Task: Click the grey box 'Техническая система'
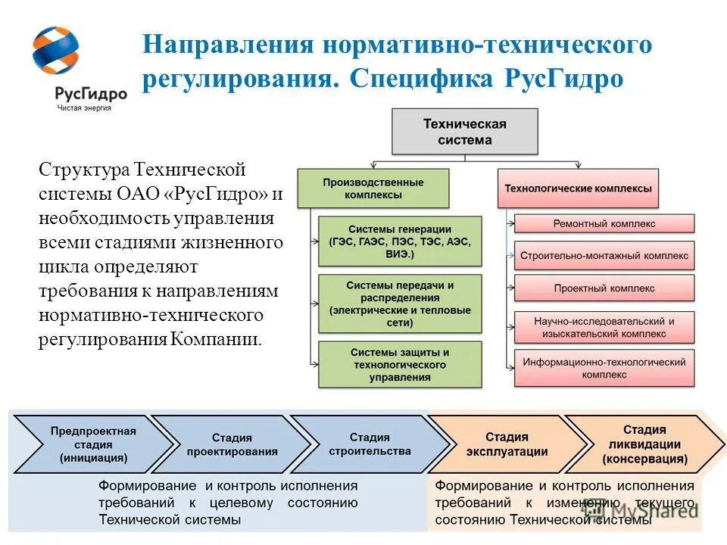click(464, 132)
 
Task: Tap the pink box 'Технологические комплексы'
click(578, 188)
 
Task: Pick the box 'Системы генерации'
click(400, 241)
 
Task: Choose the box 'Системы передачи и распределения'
click(400, 304)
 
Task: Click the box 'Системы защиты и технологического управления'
click(400, 364)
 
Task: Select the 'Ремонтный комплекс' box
click(604, 223)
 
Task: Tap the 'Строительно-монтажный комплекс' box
click(604, 256)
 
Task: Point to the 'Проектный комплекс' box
click(604, 288)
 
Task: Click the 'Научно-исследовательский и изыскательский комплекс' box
click(604, 327)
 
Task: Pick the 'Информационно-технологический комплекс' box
click(604, 368)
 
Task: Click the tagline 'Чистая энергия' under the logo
click(84, 108)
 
